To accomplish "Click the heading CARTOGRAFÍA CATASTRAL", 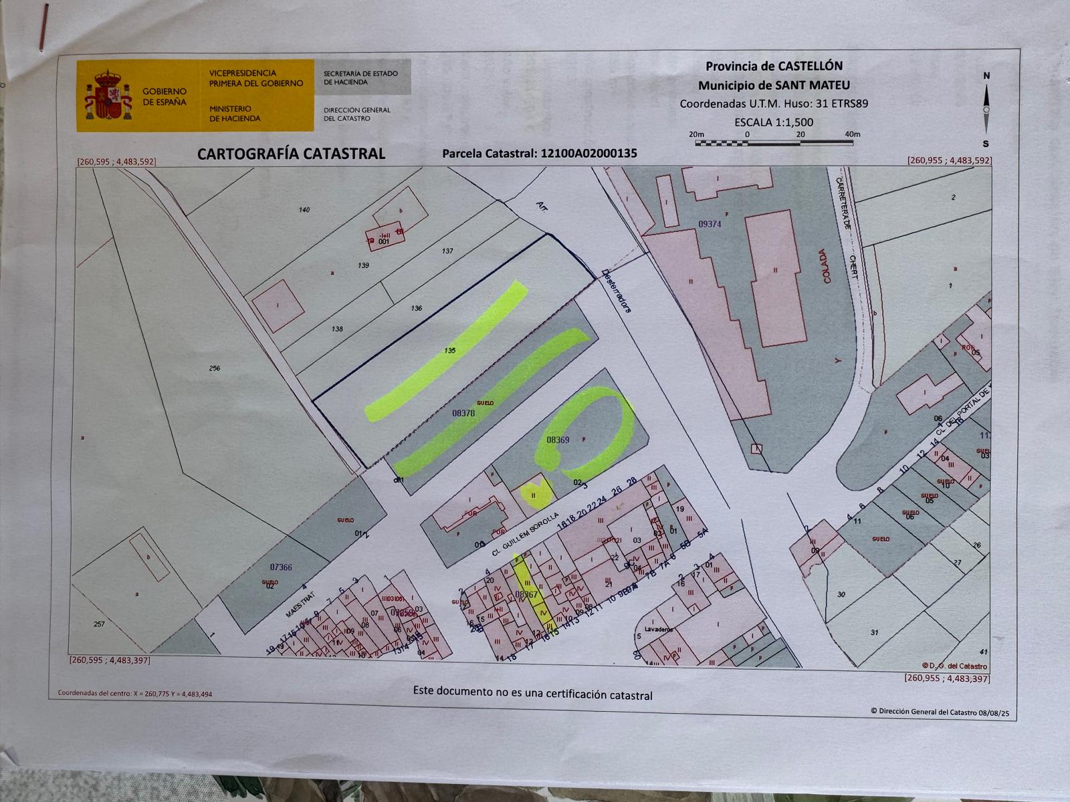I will pyautogui.click(x=291, y=154).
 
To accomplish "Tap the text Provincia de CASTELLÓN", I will pyautogui.click(x=774, y=66).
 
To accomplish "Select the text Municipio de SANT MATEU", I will pyautogui.click(x=774, y=86).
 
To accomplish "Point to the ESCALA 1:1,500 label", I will pyautogui.click(x=774, y=122).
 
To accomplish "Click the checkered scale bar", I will pyautogui.click(x=774, y=142).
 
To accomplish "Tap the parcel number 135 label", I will pyautogui.click(x=450, y=351).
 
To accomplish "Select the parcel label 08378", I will pyautogui.click(x=463, y=414).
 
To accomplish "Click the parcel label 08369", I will pyautogui.click(x=558, y=440).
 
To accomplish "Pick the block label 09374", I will pyautogui.click(x=710, y=225).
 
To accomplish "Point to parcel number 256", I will pyautogui.click(x=215, y=368).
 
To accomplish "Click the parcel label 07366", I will pyautogui.click(x=281, y=567).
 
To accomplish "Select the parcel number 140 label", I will pyautogui.click(x=305, y=210).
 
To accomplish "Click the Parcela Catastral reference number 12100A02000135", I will pyautogui.click(x=586, y=154).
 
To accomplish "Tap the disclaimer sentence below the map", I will pyautogui.click(x=532, y=692).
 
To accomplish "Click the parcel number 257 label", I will pyautogui.click(x=99, y=624).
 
